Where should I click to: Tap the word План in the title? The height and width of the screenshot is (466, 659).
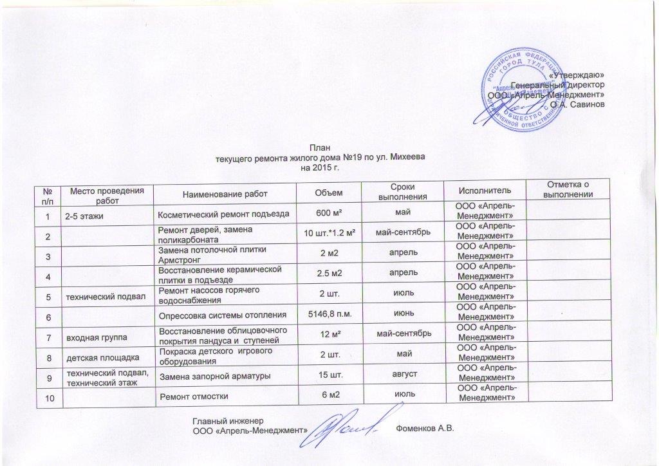(319, 147)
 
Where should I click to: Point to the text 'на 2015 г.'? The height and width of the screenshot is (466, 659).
(319, 167)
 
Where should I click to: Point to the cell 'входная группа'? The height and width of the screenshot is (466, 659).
(91, 337)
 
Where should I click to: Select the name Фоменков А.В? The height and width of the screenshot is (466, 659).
(425, 429)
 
